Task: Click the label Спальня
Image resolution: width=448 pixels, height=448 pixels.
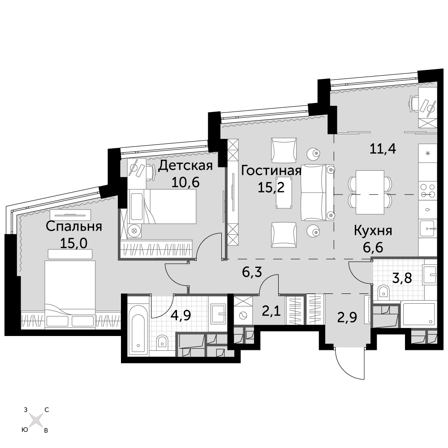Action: point(74,227)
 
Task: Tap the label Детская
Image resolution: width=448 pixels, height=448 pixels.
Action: point(185,165)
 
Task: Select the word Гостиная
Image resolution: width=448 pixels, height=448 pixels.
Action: point(271,171)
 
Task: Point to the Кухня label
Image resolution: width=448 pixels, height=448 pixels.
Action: point(373,231)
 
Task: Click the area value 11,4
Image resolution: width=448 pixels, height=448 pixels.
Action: point(383,149)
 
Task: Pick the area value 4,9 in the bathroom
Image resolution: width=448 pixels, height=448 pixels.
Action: point(181,316)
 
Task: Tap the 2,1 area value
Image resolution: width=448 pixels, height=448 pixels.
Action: point(271,311)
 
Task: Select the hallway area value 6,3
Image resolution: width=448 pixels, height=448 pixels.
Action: point(252,272)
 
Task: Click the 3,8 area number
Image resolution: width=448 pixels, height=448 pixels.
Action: point(402,277)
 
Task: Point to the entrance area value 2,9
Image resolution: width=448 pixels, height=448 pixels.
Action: point(347,317)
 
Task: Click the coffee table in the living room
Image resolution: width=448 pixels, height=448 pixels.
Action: point(284,193)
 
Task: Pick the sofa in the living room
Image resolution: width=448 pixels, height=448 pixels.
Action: point(318,193)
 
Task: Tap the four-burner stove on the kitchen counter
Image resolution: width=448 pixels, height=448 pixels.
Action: point(428,190)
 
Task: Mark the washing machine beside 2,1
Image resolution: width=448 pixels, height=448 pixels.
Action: point(243,315)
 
